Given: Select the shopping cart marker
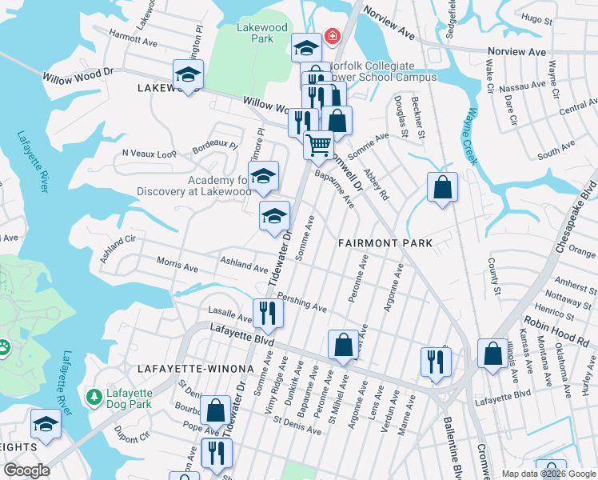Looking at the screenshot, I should tap(318, 146).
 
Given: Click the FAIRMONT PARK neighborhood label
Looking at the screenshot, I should tap(385, 242).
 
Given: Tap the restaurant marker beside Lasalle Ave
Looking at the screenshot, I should tap(268, 313).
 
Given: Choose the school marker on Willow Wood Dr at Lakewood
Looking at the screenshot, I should tap(188, 75).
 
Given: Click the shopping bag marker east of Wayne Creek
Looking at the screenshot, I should tap(442, 188).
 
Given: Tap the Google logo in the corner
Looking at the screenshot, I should tap(26, 470).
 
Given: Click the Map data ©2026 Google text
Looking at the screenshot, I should tap(548, 474).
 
